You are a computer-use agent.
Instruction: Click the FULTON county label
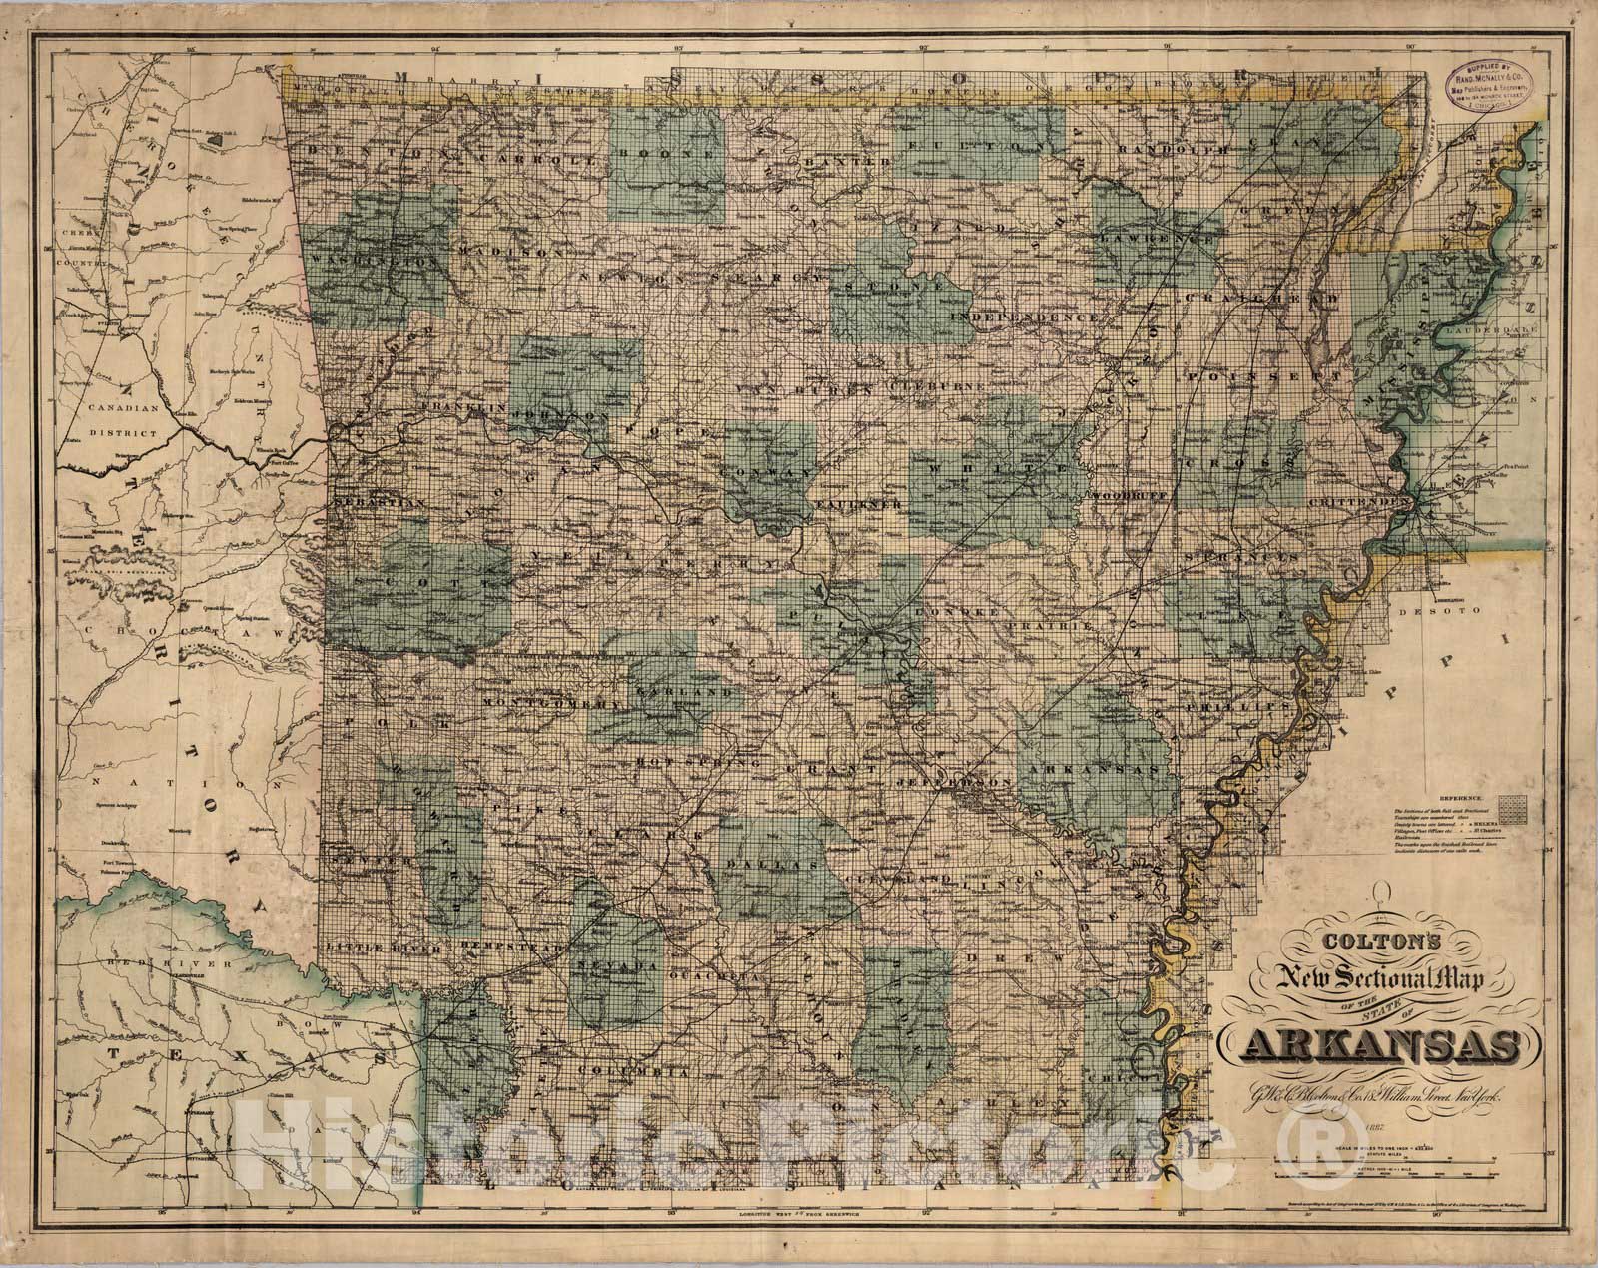tap(974, 147)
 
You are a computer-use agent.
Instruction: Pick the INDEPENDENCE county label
tap(1030, 317)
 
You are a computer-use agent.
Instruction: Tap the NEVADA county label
tap(615, 966)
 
